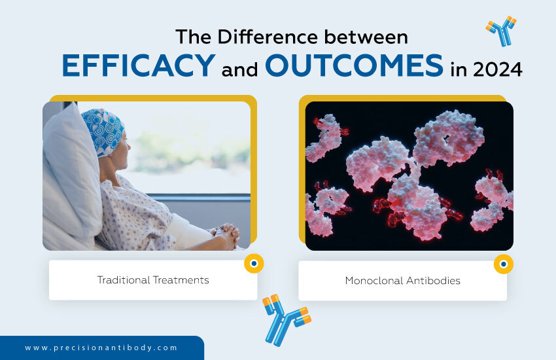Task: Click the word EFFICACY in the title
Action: [x=138, y=66]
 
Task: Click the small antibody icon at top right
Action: [x=500, y=31]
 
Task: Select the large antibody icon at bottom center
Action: [x=286, y=319]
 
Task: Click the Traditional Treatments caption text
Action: [x=153, y=280]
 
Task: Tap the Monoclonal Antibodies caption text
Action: [x=402, y=281]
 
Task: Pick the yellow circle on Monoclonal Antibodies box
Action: [x=503, y=264]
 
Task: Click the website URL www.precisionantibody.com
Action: [x=101, y=348]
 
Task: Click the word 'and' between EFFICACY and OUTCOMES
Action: [x=239, y=69]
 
